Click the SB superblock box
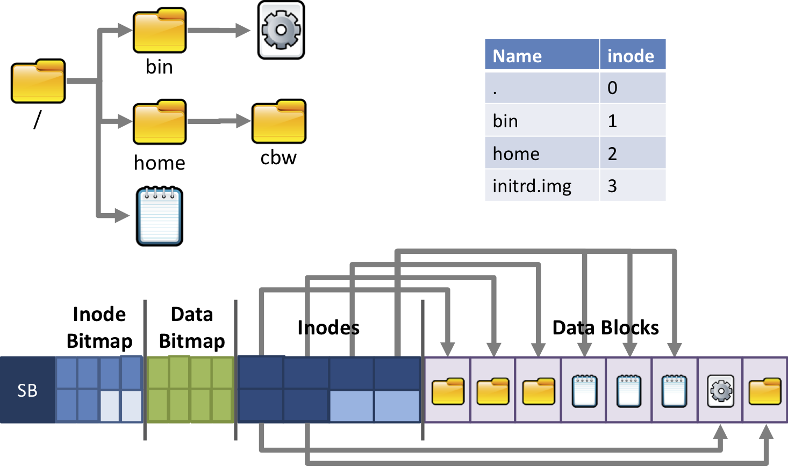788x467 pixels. tap(27, 390)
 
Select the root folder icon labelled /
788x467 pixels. tap(38, 82)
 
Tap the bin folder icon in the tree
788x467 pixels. tap(160, 31)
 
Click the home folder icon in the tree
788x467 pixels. tap(160, 122)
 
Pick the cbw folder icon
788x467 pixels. tap(278, 122)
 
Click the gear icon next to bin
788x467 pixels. tap(281, 30)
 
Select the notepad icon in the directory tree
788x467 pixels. tap(160, 216)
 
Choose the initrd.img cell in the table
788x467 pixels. tap(542, 186)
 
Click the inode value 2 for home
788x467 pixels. tap(632, 154)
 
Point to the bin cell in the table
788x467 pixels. tap(542, 121)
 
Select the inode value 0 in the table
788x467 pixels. tap(632, 87)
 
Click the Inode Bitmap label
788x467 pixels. tap(99, 327)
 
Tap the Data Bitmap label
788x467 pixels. tap(192, 327)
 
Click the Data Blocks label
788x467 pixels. tap(605, 327)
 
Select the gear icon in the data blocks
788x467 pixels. tap(720, 391)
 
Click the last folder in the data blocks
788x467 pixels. tap(765, 391)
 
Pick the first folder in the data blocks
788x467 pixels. tap(448, 391)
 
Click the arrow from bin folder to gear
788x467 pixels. tap(218, 31)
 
